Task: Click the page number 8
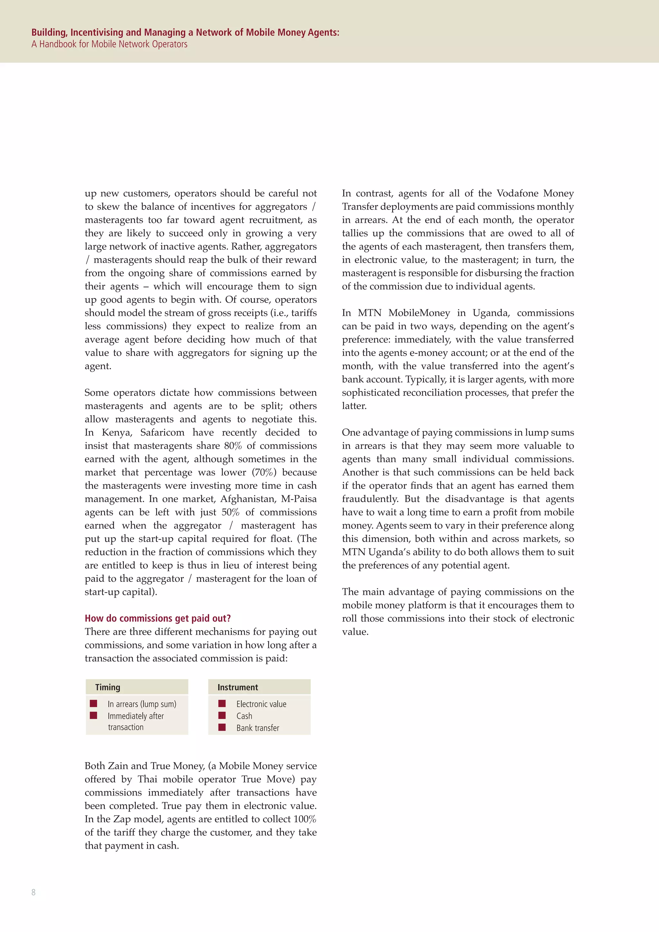(33, 892)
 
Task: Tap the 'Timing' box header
(108, 687)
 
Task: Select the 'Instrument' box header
(238, 687)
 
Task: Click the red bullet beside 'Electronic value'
(222, 704)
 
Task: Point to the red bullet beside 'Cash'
(222, 715)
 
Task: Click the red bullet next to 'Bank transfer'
(222, 727)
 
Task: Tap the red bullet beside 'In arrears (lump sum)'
(94, 704)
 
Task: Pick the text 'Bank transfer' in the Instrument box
(258, 728)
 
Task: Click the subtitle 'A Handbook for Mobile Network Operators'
(109, 44)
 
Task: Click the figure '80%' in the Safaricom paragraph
(233, 446)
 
